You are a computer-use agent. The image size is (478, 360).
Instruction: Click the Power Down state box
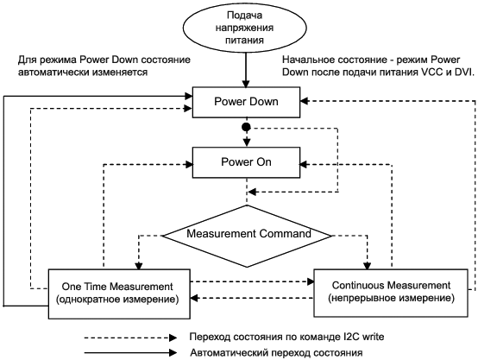click(246, 102)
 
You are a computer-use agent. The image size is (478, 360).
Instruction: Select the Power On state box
click(246, 162)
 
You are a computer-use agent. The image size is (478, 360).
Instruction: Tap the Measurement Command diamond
click(247, 236)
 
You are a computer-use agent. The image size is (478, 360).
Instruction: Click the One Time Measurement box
click(119, 294)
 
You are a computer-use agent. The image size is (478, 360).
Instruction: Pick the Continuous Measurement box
click(391, 293)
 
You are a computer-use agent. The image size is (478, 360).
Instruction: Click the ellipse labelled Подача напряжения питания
click(244, 28)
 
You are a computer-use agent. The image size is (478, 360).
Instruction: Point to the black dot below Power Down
click(246, 127)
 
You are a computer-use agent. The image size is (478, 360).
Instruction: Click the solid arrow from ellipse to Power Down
click(246, 70)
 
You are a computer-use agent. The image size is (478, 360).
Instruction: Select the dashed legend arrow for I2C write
click(130, 338)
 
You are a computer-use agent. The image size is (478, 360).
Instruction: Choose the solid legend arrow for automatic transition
click(130, 353)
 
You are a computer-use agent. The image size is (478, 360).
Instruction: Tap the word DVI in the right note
click(462, 73)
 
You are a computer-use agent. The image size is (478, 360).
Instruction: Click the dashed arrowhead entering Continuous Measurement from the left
click(311, 281)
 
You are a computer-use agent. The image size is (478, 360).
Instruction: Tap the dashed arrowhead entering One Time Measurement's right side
click(194, 298)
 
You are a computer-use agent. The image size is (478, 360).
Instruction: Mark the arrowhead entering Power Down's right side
click(305, 101)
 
